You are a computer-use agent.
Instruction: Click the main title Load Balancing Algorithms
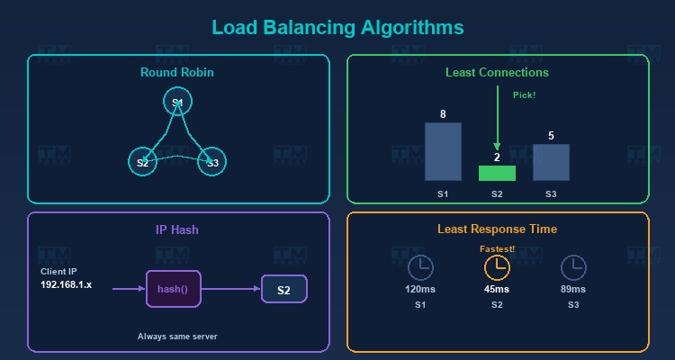point(337,28)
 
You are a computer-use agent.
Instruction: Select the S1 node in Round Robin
point(177,103)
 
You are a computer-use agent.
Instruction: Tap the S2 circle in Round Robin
point(142,162)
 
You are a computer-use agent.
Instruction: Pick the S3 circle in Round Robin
point(212,162)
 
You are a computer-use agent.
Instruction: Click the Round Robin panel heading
point(177,72)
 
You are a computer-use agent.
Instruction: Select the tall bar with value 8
point(443,151)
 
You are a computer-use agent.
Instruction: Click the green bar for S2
point(497,173)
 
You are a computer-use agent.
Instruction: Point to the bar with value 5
point(551,162)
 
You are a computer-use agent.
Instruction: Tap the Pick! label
point(524,95)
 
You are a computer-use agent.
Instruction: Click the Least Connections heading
point(497,72)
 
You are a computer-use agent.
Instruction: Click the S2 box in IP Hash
point(283,290)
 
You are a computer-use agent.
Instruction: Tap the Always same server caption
point(177,337)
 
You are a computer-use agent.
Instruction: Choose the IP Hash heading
point(177,229)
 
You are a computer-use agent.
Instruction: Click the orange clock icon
point(497,267)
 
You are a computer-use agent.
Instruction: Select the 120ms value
point(420,289)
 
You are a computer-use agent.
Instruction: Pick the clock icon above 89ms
point(573,267)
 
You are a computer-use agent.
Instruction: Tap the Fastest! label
point(497,248)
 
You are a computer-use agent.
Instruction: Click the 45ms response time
point(497,289)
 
